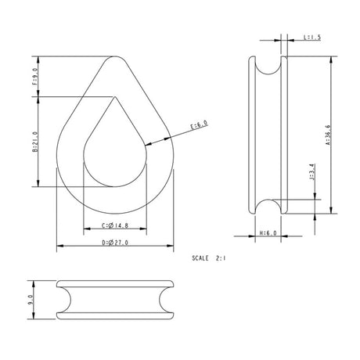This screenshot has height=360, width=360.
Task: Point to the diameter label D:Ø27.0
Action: (x=115, y=244)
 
